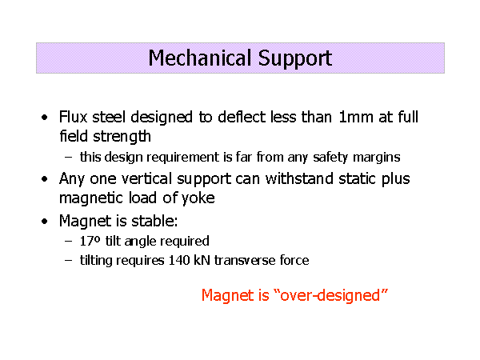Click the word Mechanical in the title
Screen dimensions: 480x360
[x=202, y=58]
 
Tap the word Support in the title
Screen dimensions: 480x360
[x=295, y=58]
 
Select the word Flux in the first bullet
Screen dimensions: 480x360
[x=73, y=117]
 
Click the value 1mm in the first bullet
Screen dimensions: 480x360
[x=356, y=118]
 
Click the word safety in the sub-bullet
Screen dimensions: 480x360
[x=330, y=158]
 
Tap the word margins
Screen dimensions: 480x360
[x=377, y=158]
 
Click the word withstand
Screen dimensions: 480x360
[x=299, y=178]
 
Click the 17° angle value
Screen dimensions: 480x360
[x=90, y=242]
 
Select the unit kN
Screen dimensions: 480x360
[x=202, y=261]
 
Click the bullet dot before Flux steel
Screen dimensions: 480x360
[x=45, y=118]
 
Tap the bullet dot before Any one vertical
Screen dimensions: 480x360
[x=45, y=179]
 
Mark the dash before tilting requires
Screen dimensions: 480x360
[x=69, y=261]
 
